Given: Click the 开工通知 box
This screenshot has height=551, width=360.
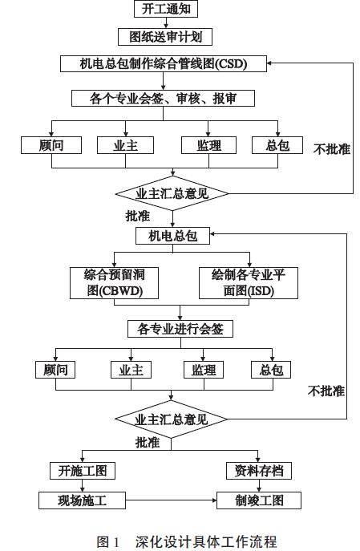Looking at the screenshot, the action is click(x=166, y=9).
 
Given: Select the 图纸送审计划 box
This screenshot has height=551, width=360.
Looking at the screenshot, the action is click(x=165, y=37).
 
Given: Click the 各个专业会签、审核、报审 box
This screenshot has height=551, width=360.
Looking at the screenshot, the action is click(x=163, y=99).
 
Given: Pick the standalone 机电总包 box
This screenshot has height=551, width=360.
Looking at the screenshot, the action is click(x=173, y=236).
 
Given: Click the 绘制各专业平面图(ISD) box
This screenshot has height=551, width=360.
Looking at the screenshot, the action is click(x=249, y=283).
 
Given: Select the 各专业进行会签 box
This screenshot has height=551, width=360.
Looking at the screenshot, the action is click(x=180, y=330).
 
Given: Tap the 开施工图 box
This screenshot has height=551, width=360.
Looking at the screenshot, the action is click(x=83, y=471).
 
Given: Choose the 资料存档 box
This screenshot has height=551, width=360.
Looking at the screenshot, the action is click(x=259, y=471).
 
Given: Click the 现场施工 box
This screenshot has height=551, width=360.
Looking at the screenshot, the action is click(x=83, y=500).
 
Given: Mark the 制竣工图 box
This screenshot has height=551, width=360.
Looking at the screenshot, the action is click(x=259, y=500).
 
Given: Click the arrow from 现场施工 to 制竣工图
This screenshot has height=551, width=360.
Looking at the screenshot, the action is click(x=171, y=500).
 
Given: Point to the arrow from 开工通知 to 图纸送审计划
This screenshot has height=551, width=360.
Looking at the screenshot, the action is click(x=166, y=22).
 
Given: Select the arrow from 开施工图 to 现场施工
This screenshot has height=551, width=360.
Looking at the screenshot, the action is click(x=83, y=486).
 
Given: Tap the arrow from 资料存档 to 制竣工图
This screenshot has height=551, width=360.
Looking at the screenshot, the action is click(x=259, y=486).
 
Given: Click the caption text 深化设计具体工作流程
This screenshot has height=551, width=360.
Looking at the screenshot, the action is click(x=206, y=542).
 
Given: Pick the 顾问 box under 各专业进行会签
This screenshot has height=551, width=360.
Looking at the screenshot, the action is click(x=55, y=370).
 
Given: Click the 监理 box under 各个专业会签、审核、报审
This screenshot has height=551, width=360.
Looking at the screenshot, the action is click(x=208, y=145).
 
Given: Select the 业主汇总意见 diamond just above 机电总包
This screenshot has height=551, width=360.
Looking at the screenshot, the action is click(x=172, y=193).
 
